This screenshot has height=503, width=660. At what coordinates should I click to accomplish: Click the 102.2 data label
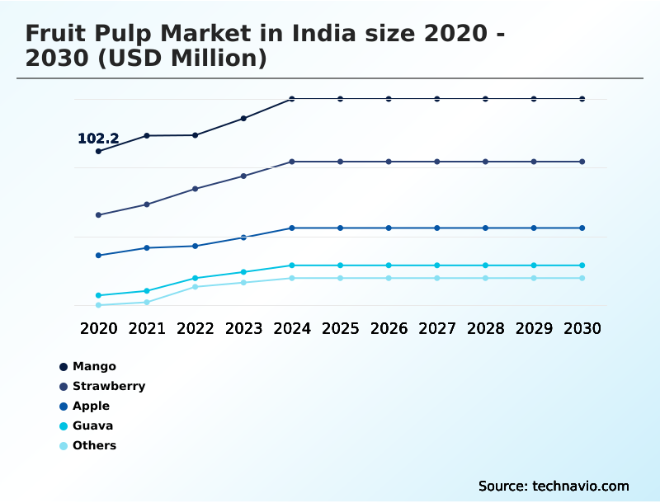click(98, 139)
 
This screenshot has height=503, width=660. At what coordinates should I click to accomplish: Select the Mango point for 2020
click(99, 151)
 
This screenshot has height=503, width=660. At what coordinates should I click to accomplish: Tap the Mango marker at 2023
click(243, 119)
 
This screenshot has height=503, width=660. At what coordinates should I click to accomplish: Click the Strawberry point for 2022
click(196, 189)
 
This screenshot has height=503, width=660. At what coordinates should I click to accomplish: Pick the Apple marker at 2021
click(147, 247)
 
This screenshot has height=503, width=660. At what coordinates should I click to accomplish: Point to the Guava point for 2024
click(292, 266)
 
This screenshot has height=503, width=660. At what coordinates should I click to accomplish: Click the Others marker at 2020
click(99, 305)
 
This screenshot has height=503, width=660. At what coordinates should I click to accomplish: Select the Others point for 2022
click(196, 286)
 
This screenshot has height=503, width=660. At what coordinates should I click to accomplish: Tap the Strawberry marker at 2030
click(582, 162)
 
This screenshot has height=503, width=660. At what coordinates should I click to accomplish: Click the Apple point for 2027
click(437, 228)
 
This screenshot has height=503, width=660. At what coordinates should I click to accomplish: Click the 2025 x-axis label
click(340, 328)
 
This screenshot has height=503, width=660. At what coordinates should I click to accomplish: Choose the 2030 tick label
click(582, 328)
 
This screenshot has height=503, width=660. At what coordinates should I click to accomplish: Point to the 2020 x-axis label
click(99, 328)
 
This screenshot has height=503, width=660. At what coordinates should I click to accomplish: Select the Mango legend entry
click(94, 366)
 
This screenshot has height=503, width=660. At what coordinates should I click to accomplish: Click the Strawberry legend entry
click(109, 386)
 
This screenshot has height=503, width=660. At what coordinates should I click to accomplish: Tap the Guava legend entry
click(92, 425)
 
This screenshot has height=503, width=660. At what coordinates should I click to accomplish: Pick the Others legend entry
click(94, 445)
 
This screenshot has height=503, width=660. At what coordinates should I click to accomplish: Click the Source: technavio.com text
click(554, 486)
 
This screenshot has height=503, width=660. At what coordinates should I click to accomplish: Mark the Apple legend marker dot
click(64, 407)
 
